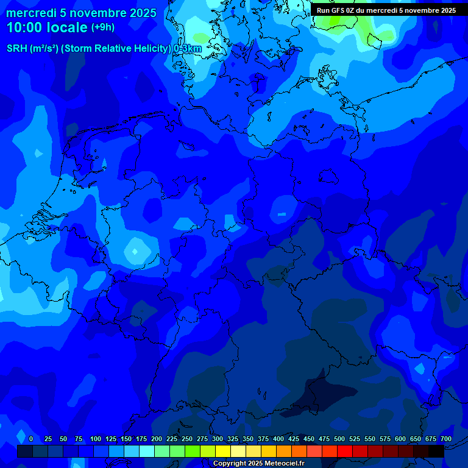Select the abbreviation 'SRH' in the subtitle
(x=17, y=49)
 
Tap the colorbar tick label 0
(x=30, y=439)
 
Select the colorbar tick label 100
(x=96, y=439)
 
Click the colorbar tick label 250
(x=187, y=439)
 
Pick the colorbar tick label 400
(x=278, y=439)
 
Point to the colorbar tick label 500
(x=339, y=439)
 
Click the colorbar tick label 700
(x=446, y=439)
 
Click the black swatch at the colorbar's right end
(x=436, y=451)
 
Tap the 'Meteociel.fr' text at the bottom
(x=284, y=464)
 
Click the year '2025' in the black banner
(x=445, y=10)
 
